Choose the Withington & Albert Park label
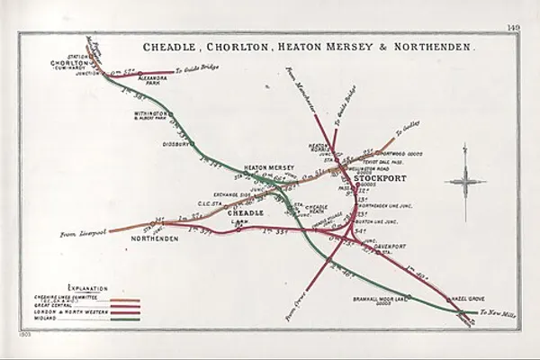(145, 116)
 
